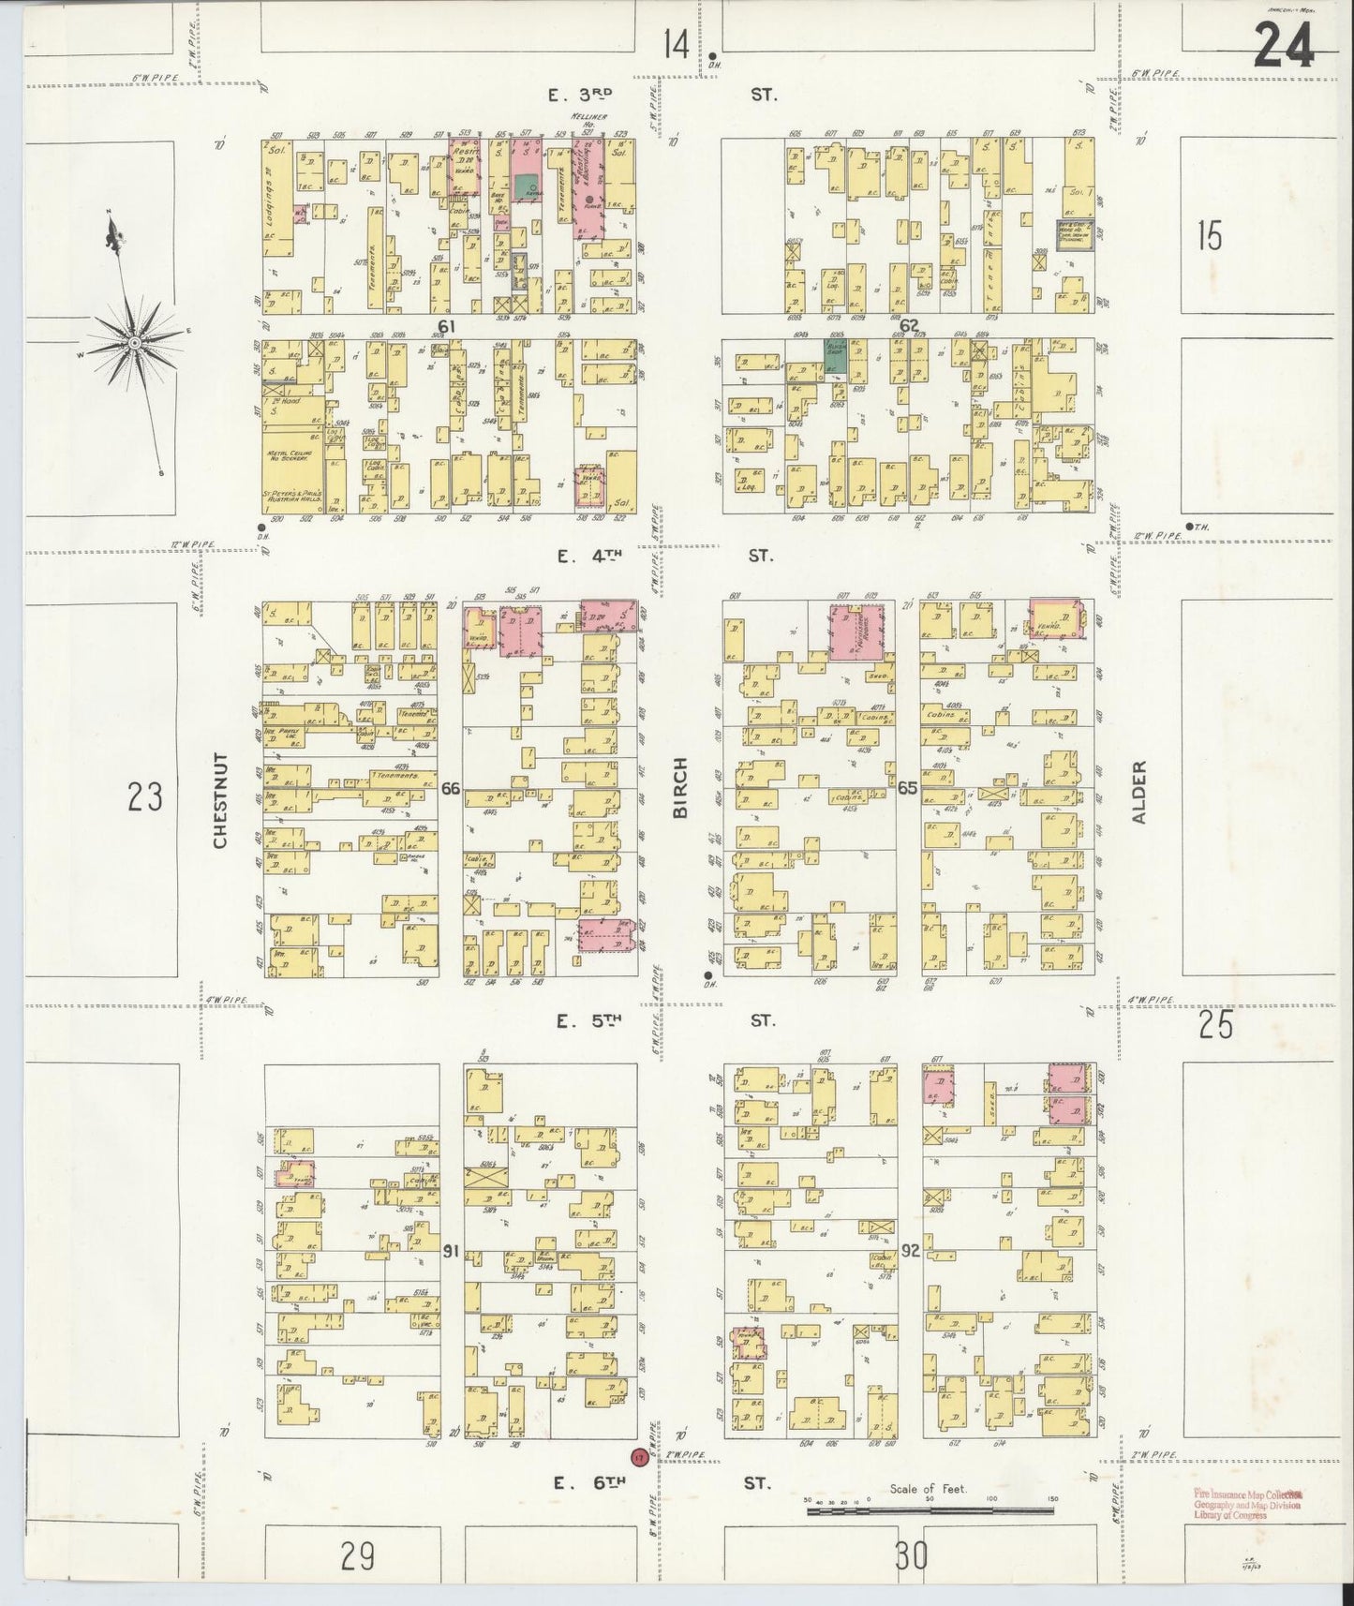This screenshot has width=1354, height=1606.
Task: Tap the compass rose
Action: pyautogui.click(x=135, y=342)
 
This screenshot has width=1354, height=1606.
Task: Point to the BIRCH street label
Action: pyautogui.click(x=680, y=787)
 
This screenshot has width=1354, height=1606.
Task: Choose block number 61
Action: pyautogui.click(x=445, y=326)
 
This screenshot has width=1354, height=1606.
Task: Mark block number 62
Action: pyautogui.click(x=908, y=326)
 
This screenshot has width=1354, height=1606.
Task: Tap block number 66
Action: pyautogui.click(x=451, y=789)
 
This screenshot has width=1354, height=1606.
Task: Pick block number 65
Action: pyautogui.click(x=907, y=789)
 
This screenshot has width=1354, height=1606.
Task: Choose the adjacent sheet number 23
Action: pyautogui.click(x=145, y=797)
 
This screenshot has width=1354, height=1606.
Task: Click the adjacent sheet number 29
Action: pyautogui.click(x=358, y=1556)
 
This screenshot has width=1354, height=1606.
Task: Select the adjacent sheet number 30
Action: pyautogui.click(x=910, y=1556)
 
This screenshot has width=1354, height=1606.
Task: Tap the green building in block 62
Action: pyautogui.click(x=835, y=356)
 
